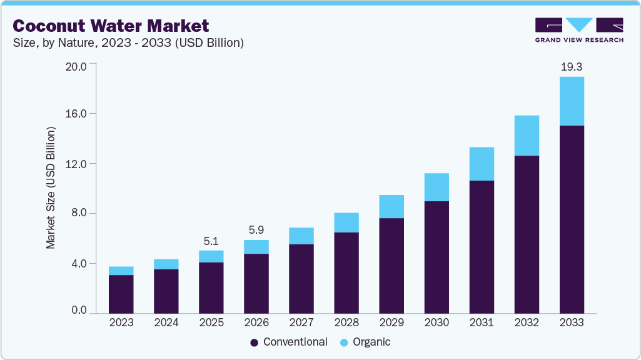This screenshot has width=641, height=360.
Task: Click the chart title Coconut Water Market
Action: [111, 26]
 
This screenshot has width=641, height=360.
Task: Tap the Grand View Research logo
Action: [578, 29]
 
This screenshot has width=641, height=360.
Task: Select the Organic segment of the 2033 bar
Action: [572, 101]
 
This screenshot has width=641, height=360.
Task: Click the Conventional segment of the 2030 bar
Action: [437, 257]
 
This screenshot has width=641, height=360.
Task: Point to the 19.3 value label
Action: [572, 66]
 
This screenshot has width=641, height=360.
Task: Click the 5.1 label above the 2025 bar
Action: [211, 241]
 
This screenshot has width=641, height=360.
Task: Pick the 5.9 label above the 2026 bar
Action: [256, 230]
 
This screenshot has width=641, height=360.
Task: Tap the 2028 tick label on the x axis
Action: [346, 322]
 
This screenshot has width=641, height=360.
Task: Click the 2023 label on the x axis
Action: [121, 322]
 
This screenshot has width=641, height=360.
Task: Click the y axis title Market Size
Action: [51, 187]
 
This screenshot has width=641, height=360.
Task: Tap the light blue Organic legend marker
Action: [344, 342]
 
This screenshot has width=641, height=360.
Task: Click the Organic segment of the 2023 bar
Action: [121, 271]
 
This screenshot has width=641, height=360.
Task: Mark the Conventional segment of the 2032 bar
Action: [527, 234]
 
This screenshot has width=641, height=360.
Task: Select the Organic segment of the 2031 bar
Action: [482, 164]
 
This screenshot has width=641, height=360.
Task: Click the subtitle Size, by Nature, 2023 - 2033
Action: [128, 43]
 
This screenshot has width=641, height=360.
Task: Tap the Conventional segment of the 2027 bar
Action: [301, 279]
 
